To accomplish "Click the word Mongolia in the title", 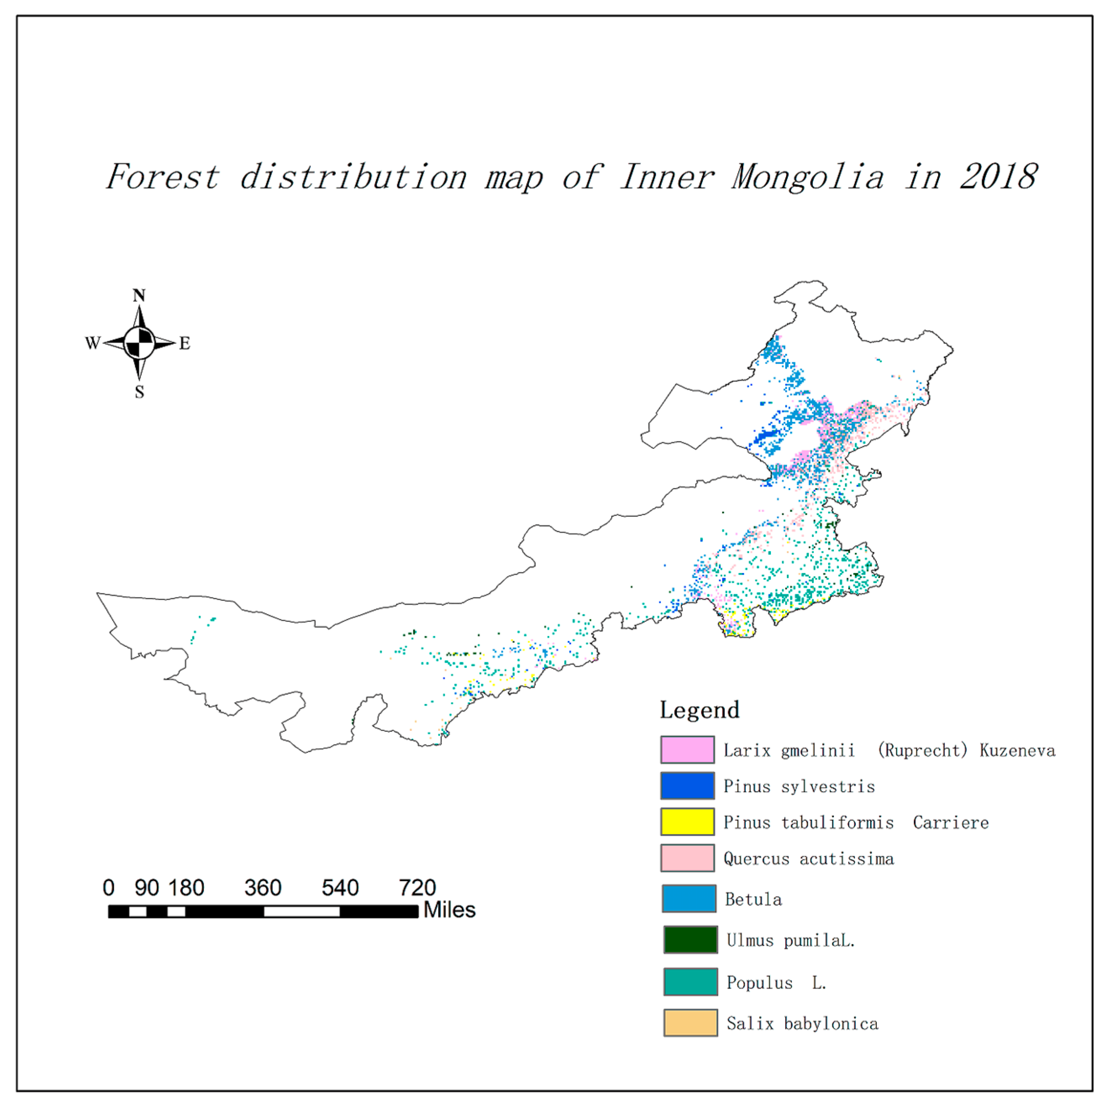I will point(807,178).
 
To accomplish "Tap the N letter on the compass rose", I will point(139,296).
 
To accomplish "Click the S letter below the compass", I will point(139,392).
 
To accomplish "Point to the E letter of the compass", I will point(184,344).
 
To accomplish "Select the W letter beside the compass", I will point(92,344).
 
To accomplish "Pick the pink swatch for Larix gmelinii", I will point(687,749).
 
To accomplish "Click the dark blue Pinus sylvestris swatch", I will point(687,786).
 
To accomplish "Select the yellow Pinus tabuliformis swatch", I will point(687,822).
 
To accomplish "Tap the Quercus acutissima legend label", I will point(808,859).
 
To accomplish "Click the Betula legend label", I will point(753,900).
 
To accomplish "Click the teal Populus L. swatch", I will point(690,982).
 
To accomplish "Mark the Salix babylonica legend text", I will point(802,1024).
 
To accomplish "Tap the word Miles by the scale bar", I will point(449,910).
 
